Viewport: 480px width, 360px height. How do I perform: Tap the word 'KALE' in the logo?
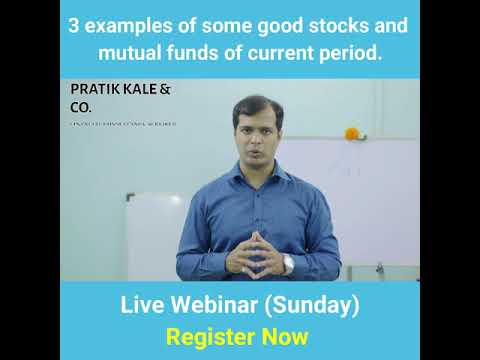tap(147, 89)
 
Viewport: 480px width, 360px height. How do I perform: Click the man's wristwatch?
tap(288, 263)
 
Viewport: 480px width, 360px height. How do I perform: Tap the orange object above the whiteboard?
tap(351, 133)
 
